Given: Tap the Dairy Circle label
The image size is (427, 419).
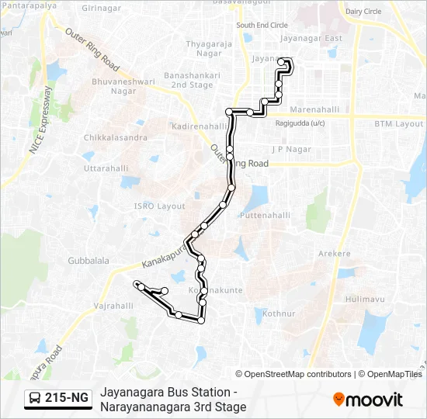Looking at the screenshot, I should [x=363, y=12].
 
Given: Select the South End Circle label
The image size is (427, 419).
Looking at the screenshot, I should [x=262, y=25].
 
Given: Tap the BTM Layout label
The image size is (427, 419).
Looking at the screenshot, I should [x=398, y=123].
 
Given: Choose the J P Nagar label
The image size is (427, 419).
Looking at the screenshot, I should [x=291, y=149].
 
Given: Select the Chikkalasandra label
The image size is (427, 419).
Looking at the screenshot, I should [x=116, y=137].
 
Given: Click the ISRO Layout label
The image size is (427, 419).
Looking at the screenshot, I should [x=160, y=206].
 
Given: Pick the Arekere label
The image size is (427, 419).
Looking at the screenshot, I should [x=335, y=254].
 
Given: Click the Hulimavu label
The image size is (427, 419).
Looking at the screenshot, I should [x=366, y=299].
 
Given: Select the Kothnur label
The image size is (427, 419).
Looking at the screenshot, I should [x=279, y=313].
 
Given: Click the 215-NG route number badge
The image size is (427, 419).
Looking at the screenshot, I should [x=59, y=399].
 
